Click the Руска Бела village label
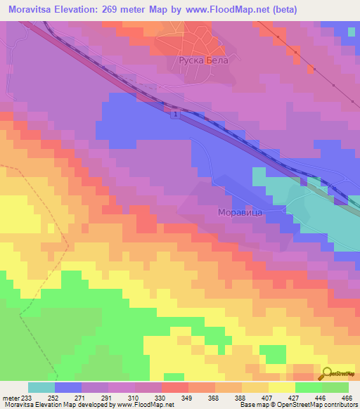pos(200,61)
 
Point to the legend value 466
pos(347,398)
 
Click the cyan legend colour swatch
pos(41,387)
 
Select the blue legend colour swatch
pos(68,387)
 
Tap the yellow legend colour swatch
pos(282,387)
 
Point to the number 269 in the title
pos(113,9)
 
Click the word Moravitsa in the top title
pos(30,9)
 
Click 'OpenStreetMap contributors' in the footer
pos(326,405)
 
